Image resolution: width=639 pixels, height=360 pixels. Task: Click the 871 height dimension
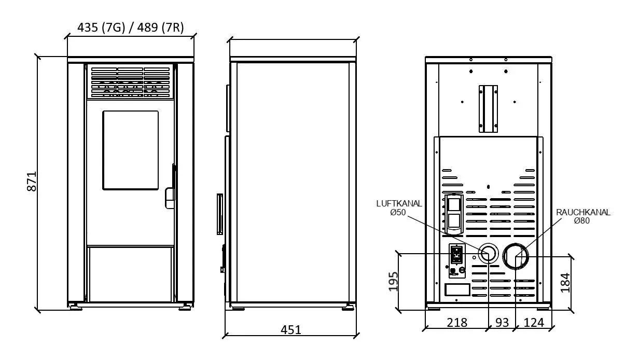click(31, 181)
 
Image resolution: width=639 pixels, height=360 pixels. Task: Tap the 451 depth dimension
click(291, 330)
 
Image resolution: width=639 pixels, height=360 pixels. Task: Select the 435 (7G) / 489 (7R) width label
click(130, 27)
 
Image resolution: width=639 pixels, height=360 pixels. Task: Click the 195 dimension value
click(394, 281)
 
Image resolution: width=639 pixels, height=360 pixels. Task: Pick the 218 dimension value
click(456, 323)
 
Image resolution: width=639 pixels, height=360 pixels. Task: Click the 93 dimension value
click(502, 323)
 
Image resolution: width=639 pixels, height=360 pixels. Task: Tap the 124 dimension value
click(534, 323)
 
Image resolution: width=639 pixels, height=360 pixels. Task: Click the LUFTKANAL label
click(399, 204)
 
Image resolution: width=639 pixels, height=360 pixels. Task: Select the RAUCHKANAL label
click(583, 213)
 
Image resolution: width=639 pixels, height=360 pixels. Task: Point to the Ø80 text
click(582, 221)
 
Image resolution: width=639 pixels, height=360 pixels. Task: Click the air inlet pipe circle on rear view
click(488, 253)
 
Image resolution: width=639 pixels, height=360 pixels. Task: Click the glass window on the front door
click(130, 150)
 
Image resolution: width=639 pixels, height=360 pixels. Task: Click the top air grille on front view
click(130, 82)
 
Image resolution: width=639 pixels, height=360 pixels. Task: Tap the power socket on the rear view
click(456, 255)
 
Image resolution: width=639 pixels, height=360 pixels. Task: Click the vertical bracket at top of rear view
click(488, 108)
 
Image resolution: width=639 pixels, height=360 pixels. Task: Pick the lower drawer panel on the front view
click(130, 274)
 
